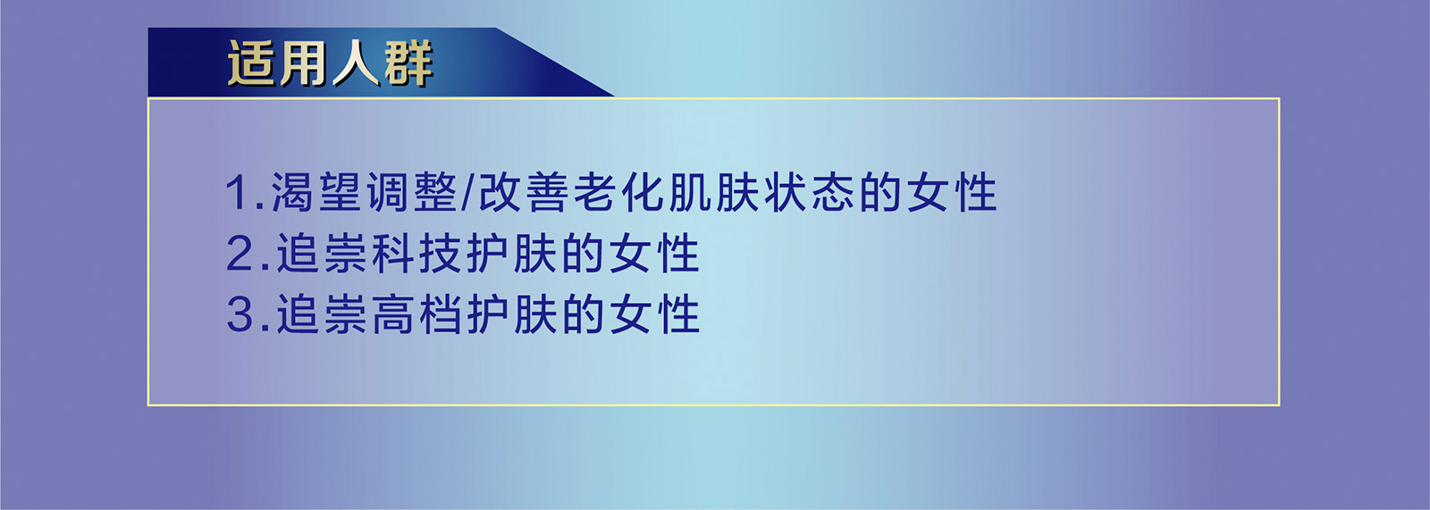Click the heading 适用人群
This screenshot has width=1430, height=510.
click(330, 63)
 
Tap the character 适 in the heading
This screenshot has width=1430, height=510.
click(253, 63)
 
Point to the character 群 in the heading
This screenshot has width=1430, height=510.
click(408, 63)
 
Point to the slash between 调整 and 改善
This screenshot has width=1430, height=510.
click(468, 193)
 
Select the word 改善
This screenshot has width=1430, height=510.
click(525, 193)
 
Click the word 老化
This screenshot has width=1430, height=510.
click(619, 193)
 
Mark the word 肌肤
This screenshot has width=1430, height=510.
click(715, 193)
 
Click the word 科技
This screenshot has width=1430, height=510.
click(416, 254)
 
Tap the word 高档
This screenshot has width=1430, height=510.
click(416, 314)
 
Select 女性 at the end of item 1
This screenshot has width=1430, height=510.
click(952, 193)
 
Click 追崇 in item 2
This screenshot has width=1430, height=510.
click(322, 254)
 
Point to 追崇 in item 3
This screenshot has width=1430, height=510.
click(322, 314)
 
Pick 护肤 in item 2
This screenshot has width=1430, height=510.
click(512, 254)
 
